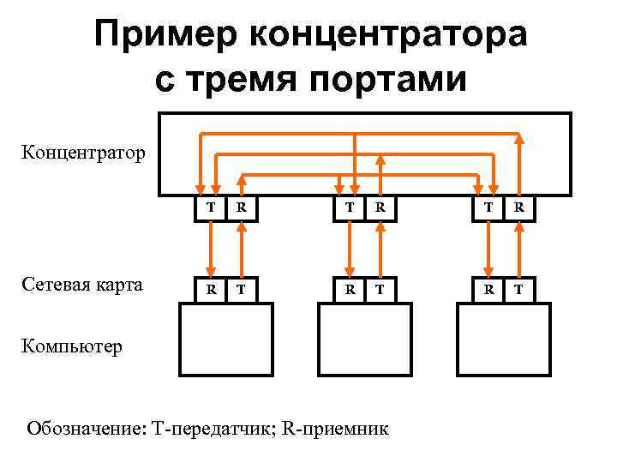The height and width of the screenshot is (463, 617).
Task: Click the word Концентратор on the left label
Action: (83, 153)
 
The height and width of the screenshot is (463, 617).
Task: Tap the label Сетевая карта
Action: (83, 285)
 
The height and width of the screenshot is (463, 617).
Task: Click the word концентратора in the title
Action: (388, 35)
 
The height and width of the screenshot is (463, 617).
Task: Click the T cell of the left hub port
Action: (210, 207)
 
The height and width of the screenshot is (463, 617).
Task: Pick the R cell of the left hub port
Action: (243, 207)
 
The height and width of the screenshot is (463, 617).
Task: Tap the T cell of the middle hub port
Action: (348, 207)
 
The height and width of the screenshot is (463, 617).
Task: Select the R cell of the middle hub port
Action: (380, 207)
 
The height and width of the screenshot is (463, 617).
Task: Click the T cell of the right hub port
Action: (488, 207)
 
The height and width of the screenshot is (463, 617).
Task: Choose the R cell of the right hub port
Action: (519, 207)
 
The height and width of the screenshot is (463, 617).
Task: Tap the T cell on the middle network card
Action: (380, 290)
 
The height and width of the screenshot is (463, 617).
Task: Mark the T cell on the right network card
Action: (519, 290)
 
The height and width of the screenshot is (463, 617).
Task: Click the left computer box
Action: (225, 340)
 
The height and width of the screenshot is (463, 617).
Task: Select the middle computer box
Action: (364, 340)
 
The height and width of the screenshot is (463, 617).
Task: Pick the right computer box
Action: (503, 340)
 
